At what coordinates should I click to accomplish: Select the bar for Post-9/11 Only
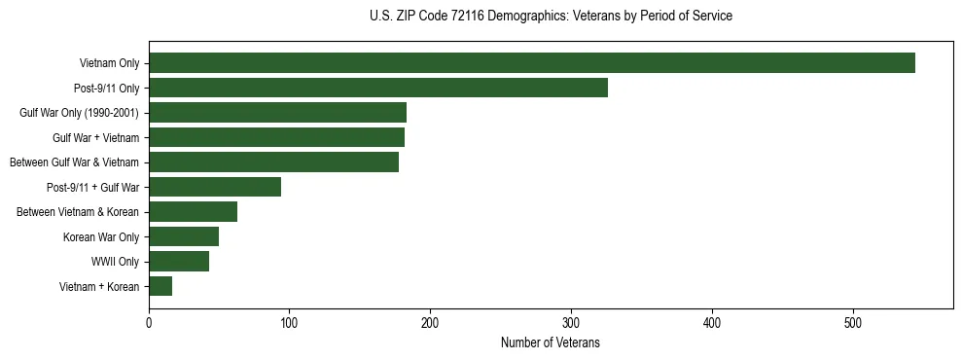(x=378, y=88)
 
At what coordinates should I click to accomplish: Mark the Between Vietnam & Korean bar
(x=193, y=212)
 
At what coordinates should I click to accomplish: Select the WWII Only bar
(x=179, y=262)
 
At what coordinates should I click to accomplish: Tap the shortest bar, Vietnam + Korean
(x=160, y=286)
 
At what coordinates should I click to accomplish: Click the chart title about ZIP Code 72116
(x=551, y=16)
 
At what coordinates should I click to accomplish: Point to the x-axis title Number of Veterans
(x=551, y=342)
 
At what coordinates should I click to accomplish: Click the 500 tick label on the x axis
(x=853, y=322)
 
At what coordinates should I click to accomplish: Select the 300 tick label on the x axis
(x=571, y=322)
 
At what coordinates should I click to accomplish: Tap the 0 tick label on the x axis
(x=149, y=322)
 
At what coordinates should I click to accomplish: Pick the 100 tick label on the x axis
(x=290, y=322)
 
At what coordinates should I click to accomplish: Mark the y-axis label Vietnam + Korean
(x=99, y=286)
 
